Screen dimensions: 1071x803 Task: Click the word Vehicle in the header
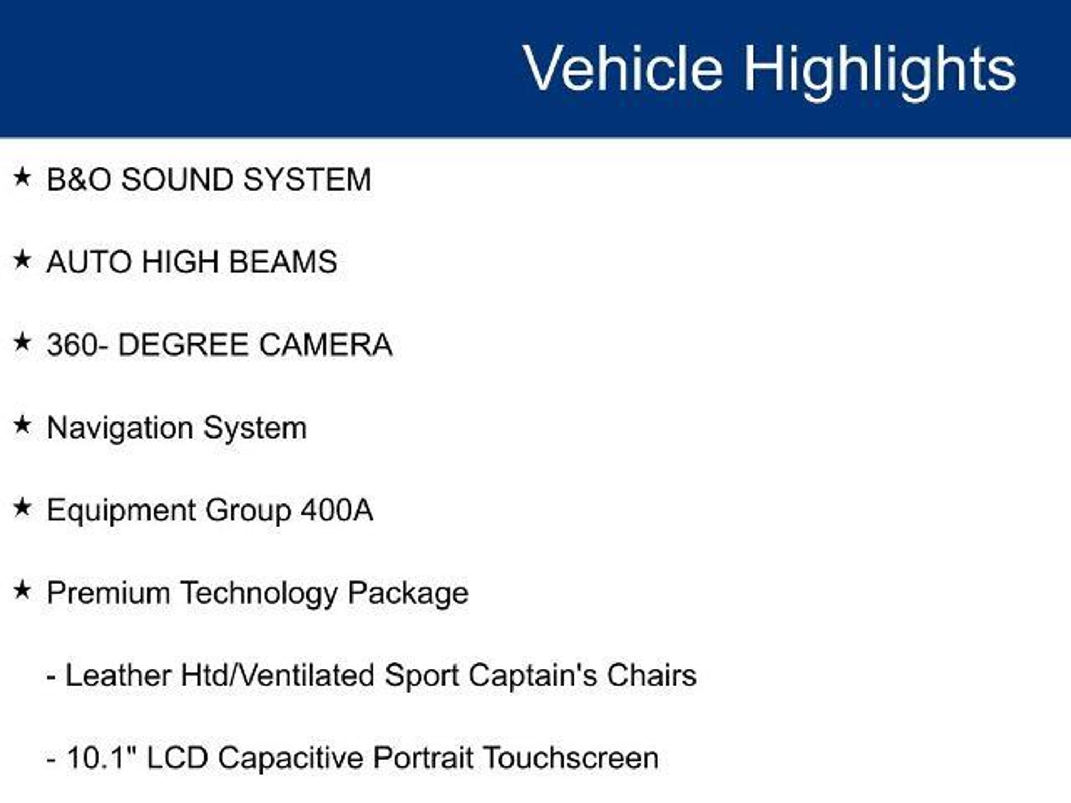tap(623, 68)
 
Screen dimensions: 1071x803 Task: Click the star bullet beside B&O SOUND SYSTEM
tap(22, 177)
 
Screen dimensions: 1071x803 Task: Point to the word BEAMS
tap(283, 261)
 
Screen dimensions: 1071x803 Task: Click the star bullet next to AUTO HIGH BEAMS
tap(22, 259)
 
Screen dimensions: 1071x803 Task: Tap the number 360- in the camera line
tap(78, 345)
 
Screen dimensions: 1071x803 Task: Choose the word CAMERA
tap(325, 345)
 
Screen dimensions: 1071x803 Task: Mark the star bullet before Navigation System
tap(22, 425)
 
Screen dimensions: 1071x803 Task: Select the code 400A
tap(337, 510)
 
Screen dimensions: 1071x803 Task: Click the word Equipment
tap(121, 511)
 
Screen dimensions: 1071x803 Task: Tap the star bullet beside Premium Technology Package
tap(22, 591)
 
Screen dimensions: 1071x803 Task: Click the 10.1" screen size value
tap(101, 758)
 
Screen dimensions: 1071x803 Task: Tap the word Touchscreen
tap(571, 758)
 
